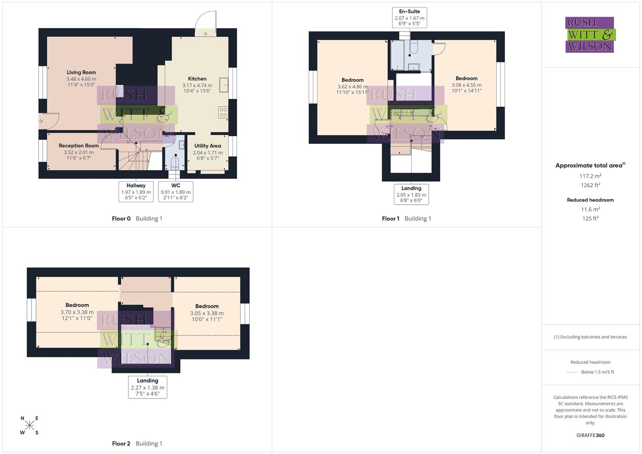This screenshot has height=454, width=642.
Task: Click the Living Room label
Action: [x=81, y=72]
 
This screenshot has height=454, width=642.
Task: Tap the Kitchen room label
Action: [x=197, y=79]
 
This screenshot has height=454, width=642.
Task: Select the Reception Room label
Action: [x=79, y=146]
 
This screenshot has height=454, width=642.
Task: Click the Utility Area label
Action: [x=207, y=146]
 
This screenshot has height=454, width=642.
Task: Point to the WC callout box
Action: [x=176, y=192]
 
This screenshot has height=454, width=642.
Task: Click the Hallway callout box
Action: [x=136, y=192]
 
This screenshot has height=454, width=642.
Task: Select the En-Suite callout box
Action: [x=409, y=17]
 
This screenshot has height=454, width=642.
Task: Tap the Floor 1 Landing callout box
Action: [x=411, y=194]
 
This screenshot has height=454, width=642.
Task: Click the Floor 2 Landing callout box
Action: [x=148, y=387]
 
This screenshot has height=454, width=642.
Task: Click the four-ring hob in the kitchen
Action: [x=223, y=112]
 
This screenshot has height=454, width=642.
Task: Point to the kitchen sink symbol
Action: [x=224, y=85]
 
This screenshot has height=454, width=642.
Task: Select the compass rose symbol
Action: [x=29, y=425]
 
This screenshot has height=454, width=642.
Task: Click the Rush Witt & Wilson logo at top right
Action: [x=589, y=34]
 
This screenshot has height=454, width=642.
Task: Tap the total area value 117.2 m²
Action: [x=590, y=176]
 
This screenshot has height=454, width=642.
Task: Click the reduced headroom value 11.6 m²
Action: [x=590, y=209]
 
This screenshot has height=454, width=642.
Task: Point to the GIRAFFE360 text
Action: [x=590, y=435]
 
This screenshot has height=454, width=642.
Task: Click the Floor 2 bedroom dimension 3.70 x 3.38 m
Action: [x=77, y=312]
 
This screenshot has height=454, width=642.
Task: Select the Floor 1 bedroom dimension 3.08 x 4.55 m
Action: [x=466, y=85]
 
